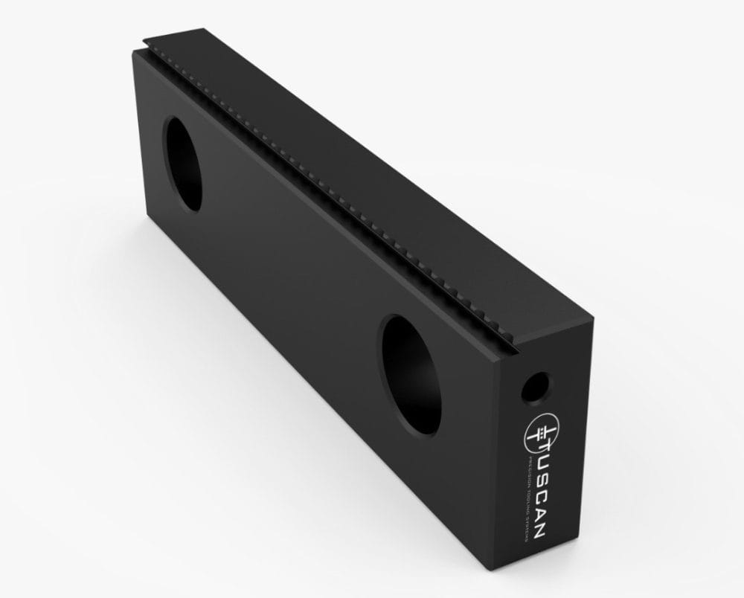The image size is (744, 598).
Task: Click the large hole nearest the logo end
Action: [x=408, y=373]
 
